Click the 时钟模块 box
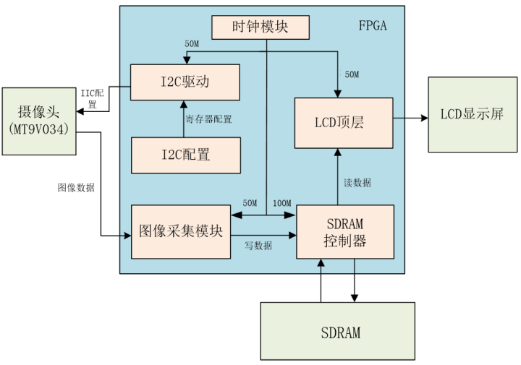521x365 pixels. [x=260, y=27]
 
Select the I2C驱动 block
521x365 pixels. [x=185, y=81]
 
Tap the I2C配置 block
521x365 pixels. [x=185, y=155]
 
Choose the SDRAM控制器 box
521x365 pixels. [x=345, y=232]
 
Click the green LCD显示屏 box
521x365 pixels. [x=471, y=115]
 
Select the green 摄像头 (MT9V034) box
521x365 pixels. [x=38, y=120]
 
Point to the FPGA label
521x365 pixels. [x=373, y=26]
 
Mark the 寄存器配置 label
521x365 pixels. [x=208, y=119]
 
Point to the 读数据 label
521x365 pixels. [x=356, y=183]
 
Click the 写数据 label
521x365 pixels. [x=258, y=246]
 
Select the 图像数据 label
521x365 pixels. [x=76, y=187]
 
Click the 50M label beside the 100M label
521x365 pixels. [x=250, y=203]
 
